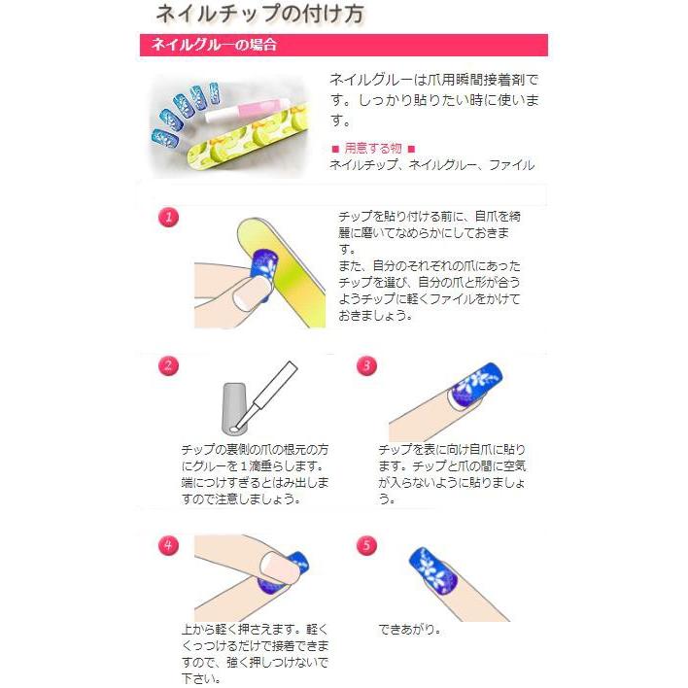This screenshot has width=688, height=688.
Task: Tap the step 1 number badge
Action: (169, 217)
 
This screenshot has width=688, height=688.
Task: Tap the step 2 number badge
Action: (169, 366)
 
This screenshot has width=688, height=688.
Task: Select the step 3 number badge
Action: (366, 366)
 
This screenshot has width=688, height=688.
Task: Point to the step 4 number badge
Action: (169, 545)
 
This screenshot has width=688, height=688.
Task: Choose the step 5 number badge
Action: (366, 545)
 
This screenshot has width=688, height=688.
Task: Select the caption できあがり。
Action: (409, 629)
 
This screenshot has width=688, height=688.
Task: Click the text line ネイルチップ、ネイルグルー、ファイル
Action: (431, 165)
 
